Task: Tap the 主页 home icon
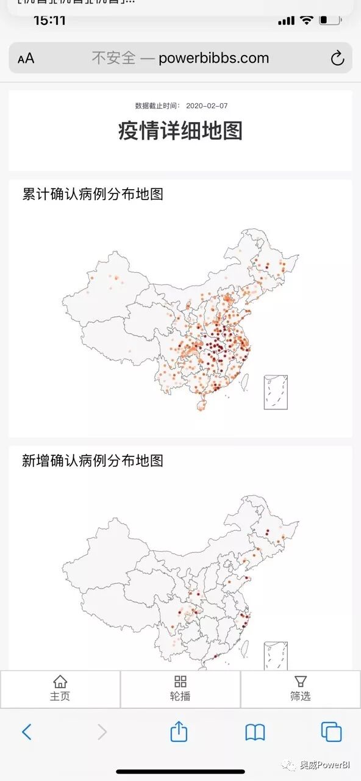tap(60, 682)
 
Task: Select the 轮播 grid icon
tap(180, 682)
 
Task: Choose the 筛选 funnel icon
tap(300, 682)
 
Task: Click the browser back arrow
tap(26, 732)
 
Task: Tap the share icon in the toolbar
tap(179, 731)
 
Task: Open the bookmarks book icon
tap(255, 732)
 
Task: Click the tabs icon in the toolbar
tap(331, 732)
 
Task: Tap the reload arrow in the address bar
tap(337, 59)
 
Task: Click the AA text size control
tap(26, 59)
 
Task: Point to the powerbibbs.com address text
tap(213, 58)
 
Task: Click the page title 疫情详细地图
tap(180, 131)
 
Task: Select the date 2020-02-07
tap(207, 106)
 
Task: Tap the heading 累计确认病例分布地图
tap(93, 195)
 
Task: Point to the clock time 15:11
tap(49, 20)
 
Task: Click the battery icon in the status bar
tap(331, 20)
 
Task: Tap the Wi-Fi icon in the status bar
tap(306, 20)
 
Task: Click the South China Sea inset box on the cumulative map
tap(276, 392)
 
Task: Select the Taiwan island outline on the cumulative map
tap(245, 383)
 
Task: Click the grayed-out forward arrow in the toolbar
tap(102, 732)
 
